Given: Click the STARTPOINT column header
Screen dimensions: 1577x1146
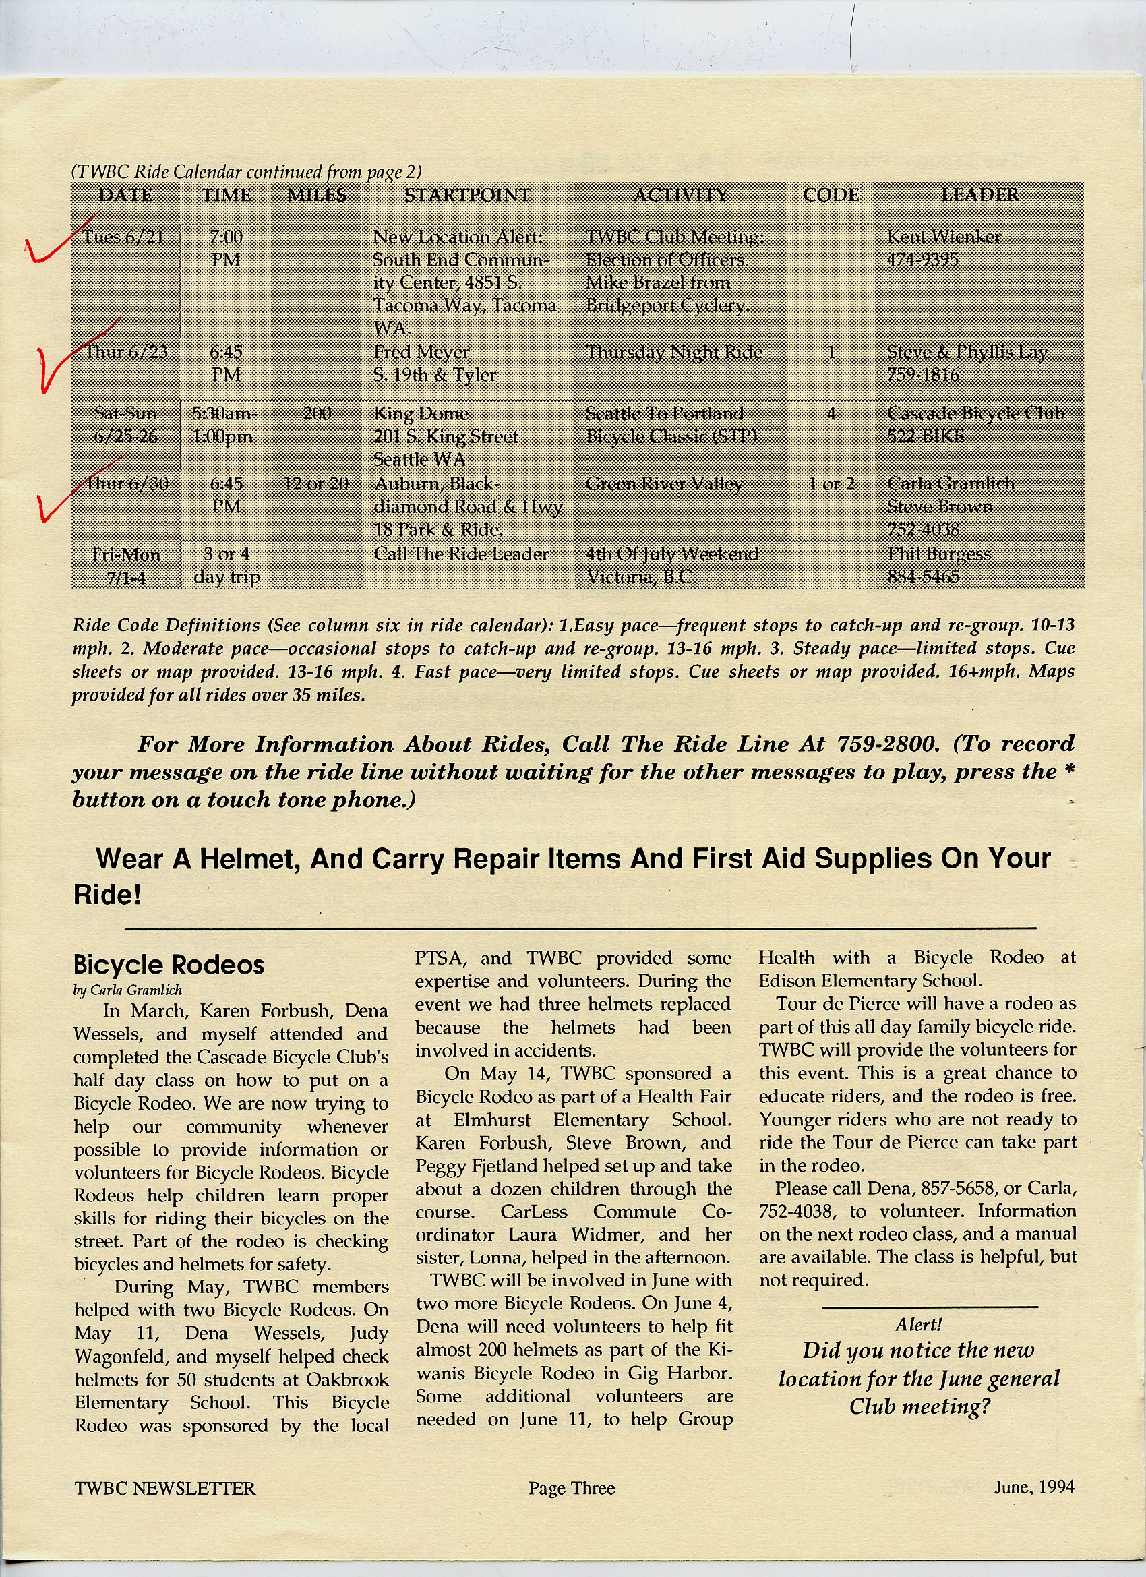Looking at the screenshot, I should coord(467,196).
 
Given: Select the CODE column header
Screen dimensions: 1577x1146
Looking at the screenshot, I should coord(831,196).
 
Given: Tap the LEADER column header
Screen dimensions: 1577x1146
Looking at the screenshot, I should coord(979,195).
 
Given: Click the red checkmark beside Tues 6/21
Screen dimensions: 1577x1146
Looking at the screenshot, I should coord(52,243).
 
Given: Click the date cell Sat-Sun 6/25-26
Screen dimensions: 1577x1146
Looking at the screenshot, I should coord(125,425).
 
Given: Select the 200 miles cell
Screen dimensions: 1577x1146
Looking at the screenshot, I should coord(317,414).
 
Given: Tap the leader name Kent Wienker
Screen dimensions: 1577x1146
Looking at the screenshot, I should coord(944,237).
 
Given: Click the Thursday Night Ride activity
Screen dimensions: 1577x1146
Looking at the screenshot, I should coord(674,353).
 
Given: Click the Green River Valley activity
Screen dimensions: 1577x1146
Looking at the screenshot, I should coord(664,484).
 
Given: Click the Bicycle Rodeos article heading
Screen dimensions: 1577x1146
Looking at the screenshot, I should coord(169,965).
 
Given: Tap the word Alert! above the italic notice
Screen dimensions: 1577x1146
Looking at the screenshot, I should coord(919,1325).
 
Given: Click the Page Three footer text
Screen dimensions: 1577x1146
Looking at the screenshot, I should coord(572,1488).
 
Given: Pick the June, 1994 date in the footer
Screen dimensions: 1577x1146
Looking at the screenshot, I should coord(1034,1487).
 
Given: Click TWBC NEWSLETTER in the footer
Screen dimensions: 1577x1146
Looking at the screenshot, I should coord(164,1489).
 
